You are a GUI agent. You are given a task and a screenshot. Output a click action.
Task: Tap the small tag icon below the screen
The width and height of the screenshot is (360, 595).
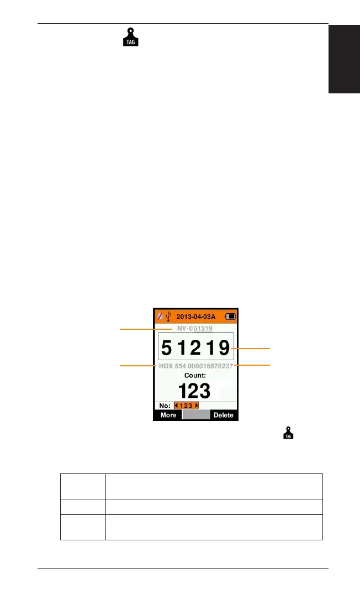pyautogui.click(x=288, y=435)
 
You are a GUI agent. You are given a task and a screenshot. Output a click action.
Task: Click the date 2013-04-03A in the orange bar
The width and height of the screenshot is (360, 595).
pyautogui.click(x=196, y=317)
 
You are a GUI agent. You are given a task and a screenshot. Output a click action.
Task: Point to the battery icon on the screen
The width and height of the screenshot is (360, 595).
pyautogui.click(x=230, y=317)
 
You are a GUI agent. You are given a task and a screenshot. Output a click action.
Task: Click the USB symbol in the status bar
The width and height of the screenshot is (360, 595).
pyautogui.click(x=168, y=317)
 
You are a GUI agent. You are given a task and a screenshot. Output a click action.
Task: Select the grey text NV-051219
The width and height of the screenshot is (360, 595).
pyautogui.click(x=195, y=328)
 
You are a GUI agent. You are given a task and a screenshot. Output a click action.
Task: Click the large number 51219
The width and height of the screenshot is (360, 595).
pyautogui.click(x=195, y=347)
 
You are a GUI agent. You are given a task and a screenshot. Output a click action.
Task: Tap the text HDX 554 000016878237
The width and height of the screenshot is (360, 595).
pyautogui.click(x=196, y=366)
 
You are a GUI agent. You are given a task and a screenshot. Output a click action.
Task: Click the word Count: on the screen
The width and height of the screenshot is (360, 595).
pyautogui.click(x=195, y=375)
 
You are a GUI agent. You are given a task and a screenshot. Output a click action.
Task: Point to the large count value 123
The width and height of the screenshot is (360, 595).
pyautogui.click(x=195, y=391)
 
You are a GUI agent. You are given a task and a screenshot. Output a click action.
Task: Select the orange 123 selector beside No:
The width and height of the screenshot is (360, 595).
pyautogui.click(x=186, y=406)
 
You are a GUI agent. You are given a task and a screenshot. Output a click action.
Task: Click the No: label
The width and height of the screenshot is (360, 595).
pyautogui.click(x=164, y=406)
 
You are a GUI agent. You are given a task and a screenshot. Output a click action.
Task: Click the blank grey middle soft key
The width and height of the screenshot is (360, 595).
pyautogui.click(x=197, y=415)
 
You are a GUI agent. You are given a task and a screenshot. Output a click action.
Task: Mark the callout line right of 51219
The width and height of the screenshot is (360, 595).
pyautogui.click(x=252, y=348)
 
